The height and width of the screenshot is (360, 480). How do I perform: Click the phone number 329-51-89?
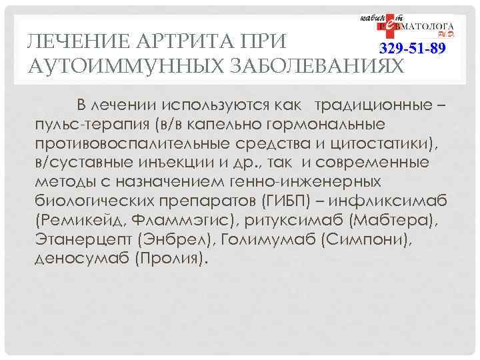(x=411, y=49)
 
